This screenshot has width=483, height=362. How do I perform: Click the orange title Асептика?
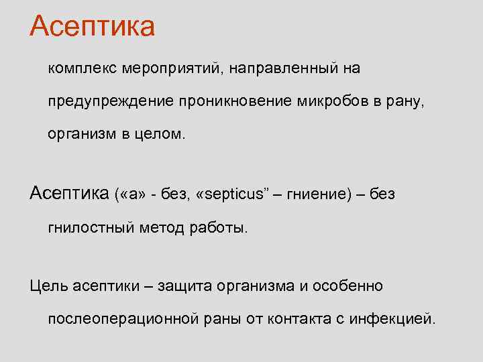[x=93, y=26]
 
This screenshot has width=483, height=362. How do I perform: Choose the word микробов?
[x=332, y=101]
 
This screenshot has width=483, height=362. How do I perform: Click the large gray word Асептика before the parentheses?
[x=70, y=194]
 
